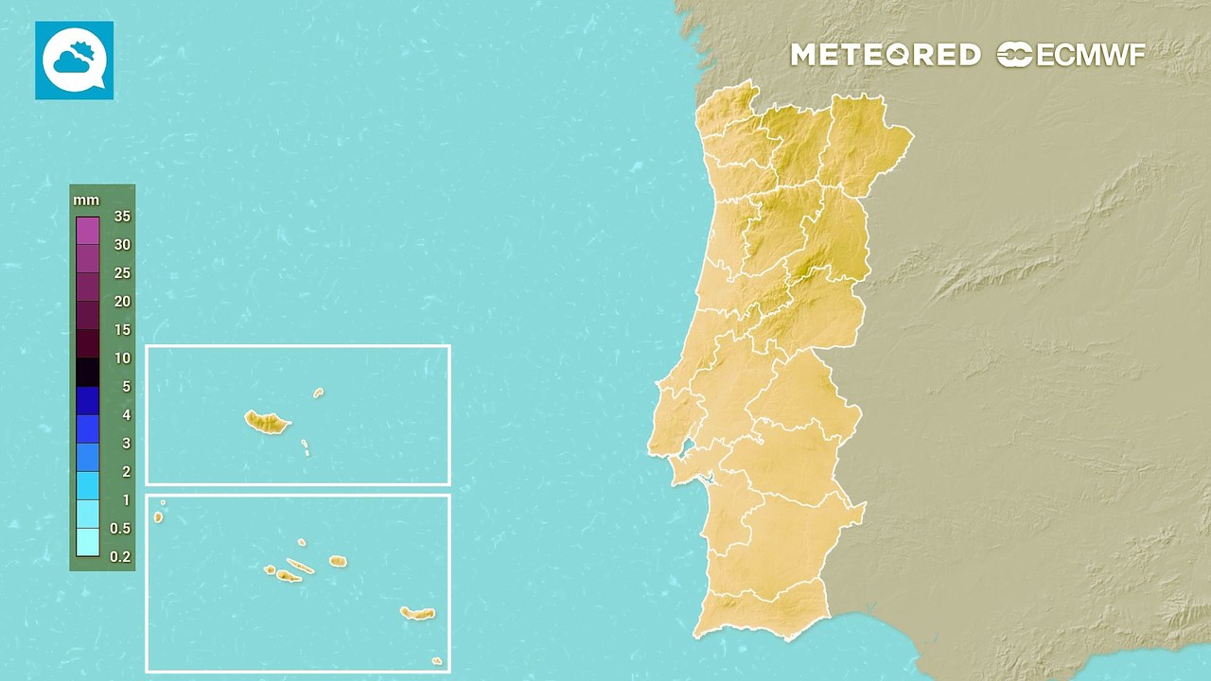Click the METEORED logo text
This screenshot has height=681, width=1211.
pos(885,55)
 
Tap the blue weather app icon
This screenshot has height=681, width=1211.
pos(74,61)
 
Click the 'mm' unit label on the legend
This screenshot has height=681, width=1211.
pos(85,201)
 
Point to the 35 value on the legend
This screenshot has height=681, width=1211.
pos(121,217)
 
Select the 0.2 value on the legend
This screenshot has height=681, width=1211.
pos(120,556)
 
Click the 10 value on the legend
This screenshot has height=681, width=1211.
pos(122,358)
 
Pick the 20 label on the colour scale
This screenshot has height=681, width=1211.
pos(122,302)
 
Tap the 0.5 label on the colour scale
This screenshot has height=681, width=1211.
pos(120,528)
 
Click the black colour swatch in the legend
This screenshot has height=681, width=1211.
pos(88,372)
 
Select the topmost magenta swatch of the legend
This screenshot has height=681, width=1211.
pos(88,231)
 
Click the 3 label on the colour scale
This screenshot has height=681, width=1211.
pos(126,444)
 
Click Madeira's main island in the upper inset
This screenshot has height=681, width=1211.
pos(266,422)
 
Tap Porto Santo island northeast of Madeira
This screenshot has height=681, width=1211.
pos(319,393)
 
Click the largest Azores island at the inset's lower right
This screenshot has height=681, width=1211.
pos(416,613)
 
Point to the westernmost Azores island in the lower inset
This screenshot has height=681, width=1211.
pos(158,516)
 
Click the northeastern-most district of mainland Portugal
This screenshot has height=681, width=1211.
pos(866,142)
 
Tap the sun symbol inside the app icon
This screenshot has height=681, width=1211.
pos(85,50)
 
